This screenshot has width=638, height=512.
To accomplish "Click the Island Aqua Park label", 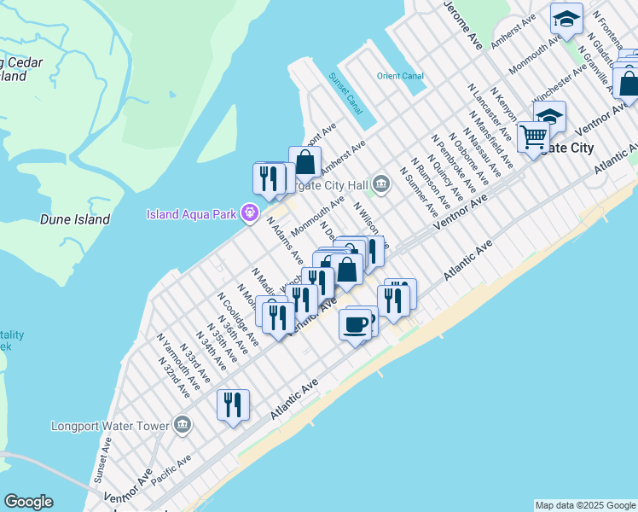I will (193, 213).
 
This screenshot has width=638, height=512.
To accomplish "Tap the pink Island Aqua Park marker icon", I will (250, 213).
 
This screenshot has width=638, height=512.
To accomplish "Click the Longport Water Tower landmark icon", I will (182, 424).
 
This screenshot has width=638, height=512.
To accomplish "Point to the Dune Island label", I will (75, 219).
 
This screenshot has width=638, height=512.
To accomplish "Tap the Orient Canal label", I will (400, 76).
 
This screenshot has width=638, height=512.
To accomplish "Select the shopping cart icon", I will (533, 137).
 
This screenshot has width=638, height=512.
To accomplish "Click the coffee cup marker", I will (356, 324).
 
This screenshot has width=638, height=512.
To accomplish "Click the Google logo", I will (28, 502).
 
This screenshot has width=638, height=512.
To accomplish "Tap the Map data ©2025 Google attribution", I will (584, 505).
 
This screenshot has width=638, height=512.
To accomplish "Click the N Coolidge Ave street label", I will (238, 320).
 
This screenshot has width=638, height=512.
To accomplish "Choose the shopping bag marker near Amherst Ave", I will (304, 161).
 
